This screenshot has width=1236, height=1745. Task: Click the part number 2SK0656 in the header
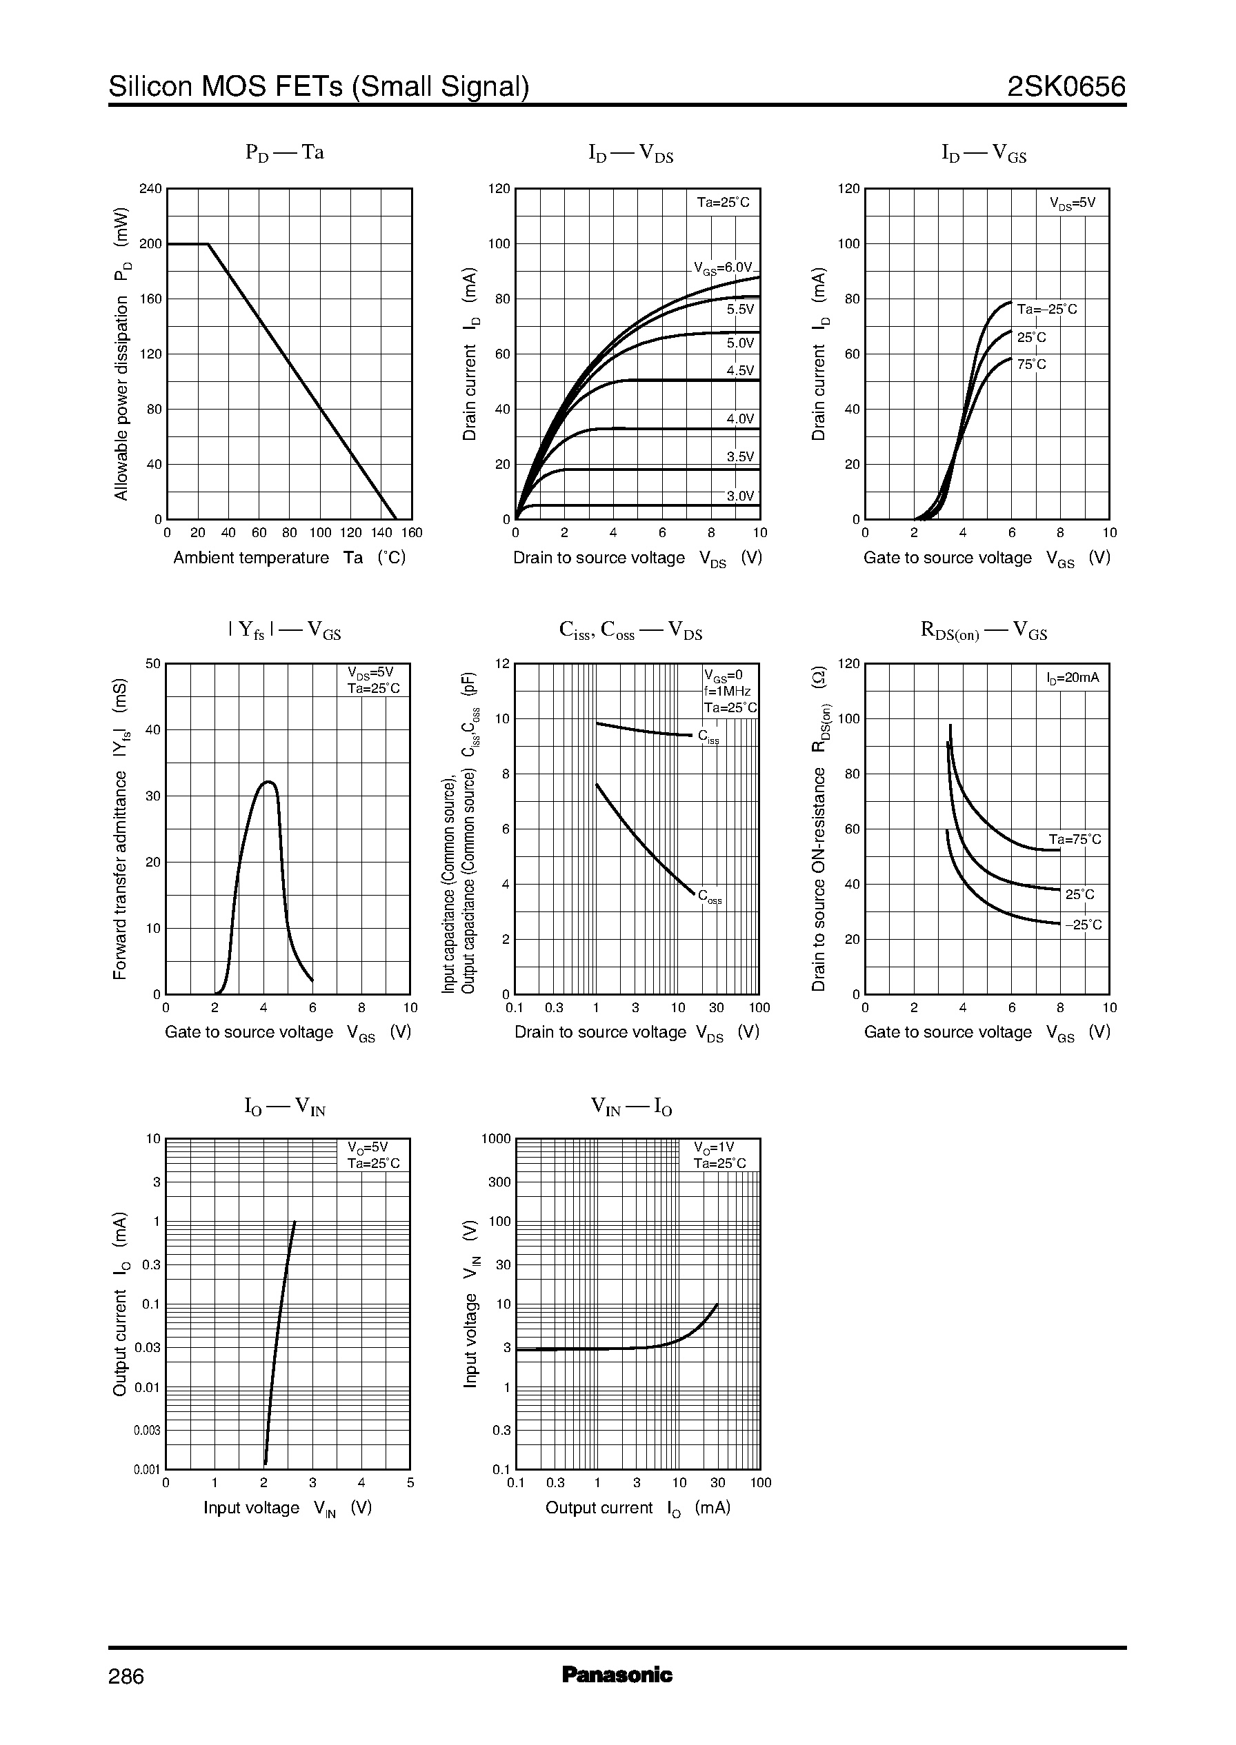pos(1066,88)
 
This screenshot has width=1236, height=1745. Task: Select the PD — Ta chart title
pos(285,153)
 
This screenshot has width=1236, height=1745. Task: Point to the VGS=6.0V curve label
pos(722,268)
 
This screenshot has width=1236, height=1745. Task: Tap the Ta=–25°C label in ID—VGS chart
pos(1047,310)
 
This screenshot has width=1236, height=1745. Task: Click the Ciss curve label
pos(708,737)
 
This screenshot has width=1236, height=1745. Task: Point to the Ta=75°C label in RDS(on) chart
pos(1075,840)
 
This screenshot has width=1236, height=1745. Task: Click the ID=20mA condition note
pos(1073,678)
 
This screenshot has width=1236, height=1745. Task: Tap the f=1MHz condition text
pos(728,692)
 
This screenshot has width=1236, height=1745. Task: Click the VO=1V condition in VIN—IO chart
pos(713,1147)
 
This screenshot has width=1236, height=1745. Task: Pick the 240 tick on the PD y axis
pos(150,189)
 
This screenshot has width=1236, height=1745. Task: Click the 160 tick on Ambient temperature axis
pos(412,533)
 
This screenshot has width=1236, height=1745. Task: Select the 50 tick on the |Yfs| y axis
pos(153,664)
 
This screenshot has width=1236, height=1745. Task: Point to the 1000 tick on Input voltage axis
pos(496,1139)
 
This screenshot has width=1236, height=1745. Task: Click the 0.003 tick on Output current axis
pos(147,1430)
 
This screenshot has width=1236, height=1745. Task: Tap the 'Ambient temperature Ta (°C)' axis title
pos(289,558)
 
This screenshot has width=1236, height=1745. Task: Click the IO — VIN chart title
pos(285,1107)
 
